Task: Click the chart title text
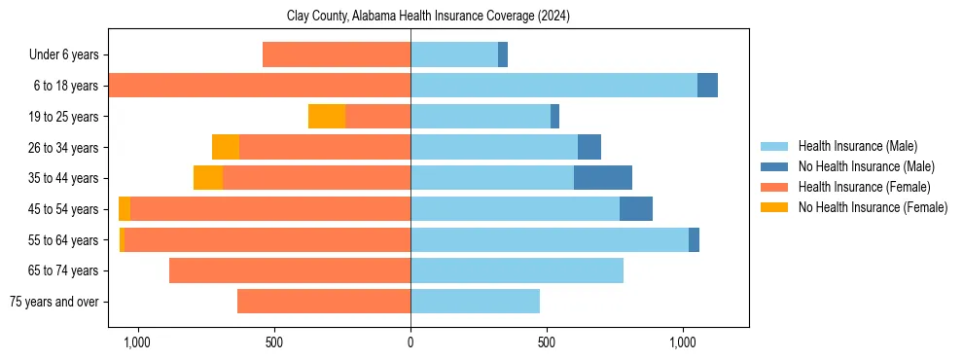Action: tap(428, 17)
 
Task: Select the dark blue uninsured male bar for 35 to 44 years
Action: tap(603, 178)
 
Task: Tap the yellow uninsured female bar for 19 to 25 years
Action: tap(327, 117)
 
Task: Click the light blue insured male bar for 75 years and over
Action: tap(475, 302)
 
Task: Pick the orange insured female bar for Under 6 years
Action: tap(337, 55)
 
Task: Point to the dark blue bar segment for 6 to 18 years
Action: tap(707, 86)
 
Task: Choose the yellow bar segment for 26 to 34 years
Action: tap(226, 147)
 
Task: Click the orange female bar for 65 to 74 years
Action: tap(290, 270)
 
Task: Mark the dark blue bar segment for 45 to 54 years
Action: tap(636, 209)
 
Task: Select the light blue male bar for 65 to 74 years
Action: tap(517, 270)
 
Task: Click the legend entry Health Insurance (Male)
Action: tap(857, 147)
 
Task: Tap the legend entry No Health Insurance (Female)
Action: tap(873, 207)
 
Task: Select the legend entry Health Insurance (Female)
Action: tap(864, 187)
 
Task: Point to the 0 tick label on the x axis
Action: tap(410, 342)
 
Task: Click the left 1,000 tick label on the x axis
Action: tap(136, 342)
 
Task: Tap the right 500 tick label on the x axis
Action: tap(547, 342)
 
